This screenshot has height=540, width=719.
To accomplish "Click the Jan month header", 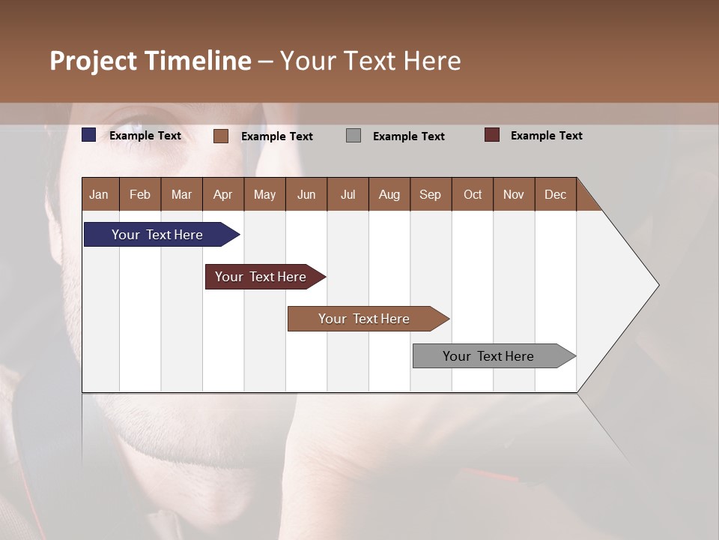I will pyautogui.click(x=99, y=194).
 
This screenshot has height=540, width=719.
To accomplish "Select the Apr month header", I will pyautogui.click(x=222, y=194).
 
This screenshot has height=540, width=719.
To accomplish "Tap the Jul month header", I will pyautogui.click(x=348, y=194).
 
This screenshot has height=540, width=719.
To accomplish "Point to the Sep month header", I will pyautogui.click(x=430, y=194).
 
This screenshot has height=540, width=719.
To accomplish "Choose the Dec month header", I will pyautogui.click(x=555, y=194).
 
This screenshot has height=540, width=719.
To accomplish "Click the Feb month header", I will pyautogui.click(x=140, y=194).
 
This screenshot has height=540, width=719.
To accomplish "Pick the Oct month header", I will pyautogui.click(x=472, y=194).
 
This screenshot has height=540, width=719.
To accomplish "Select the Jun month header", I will pyautogui.click(x=306, y=194).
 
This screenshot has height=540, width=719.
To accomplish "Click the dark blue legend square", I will pyautogui.click(x=89, y=135).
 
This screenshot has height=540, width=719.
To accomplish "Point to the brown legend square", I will pyautogui.click(x=221, y=136).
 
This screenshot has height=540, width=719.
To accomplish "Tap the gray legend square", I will pyautogui.click(x=354, y=136).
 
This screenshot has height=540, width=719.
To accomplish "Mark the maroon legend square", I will pyautogui.click(x=492, y=135).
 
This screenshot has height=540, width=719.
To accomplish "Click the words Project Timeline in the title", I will pyautogui.click(x=150, y=61).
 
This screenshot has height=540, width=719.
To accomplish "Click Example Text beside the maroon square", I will pyautogui.click(x=546, y=136).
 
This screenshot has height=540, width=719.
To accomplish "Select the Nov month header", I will pyautogui.click(x=513, y=194).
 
